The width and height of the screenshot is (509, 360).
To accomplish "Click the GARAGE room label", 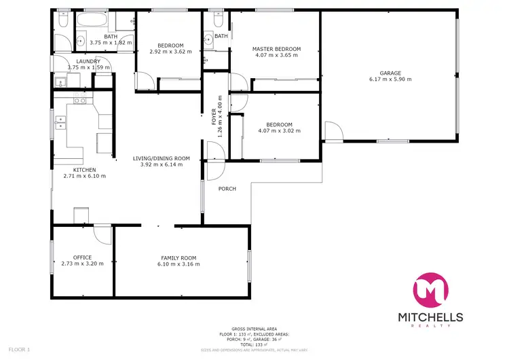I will [390, 73].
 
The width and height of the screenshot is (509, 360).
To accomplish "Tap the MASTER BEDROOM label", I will [276, 49].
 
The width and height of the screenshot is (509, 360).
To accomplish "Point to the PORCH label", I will [227, 189].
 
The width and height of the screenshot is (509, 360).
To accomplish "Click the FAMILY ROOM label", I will [178, 257].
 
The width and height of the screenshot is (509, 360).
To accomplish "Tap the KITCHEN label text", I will [84, 170].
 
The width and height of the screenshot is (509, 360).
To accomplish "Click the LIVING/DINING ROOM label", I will [161, 158].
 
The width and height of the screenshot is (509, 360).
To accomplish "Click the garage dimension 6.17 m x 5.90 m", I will [390, 79].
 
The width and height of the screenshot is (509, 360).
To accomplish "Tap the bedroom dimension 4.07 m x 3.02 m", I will [279, 131].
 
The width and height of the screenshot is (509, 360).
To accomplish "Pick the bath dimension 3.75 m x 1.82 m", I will [111, 43].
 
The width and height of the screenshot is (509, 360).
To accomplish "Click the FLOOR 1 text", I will [19, 349].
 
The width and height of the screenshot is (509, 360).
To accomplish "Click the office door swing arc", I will [102, 235].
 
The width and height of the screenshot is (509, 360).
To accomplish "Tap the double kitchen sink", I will [59, 123].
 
